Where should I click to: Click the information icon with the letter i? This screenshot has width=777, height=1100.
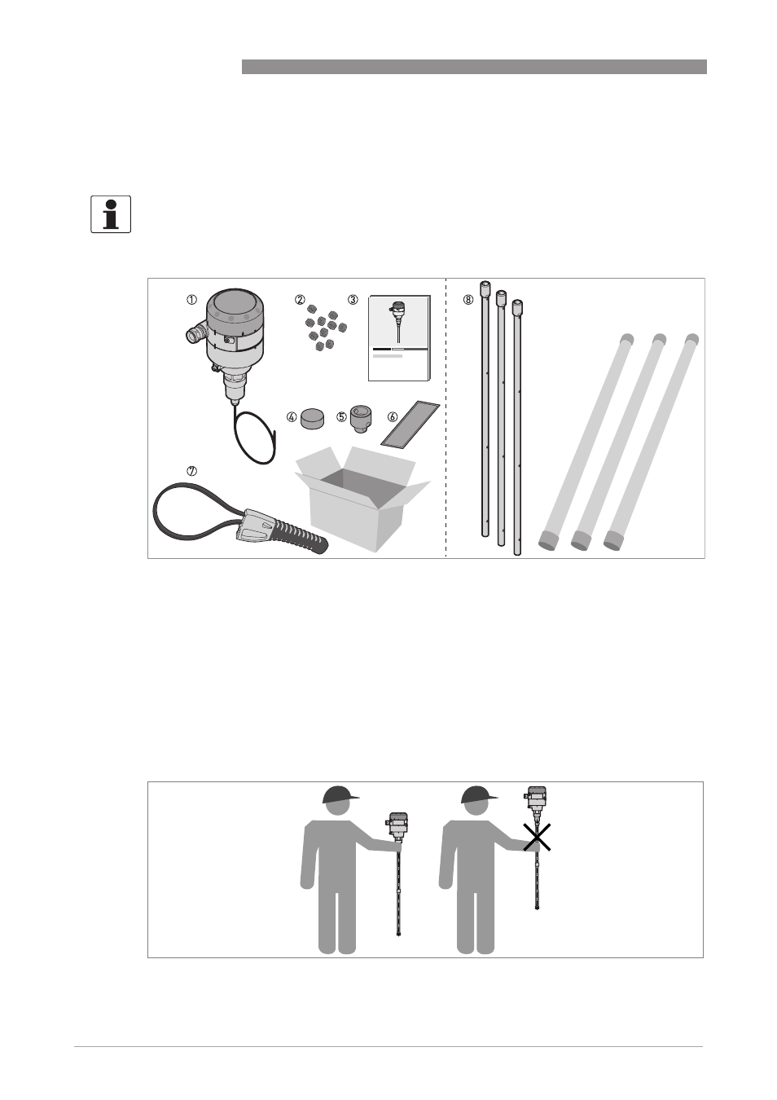point(111,214)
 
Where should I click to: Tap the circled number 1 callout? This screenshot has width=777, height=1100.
point(191,300)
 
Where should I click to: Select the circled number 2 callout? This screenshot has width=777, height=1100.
point(300,300)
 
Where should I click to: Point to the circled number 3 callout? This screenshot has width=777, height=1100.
point(353,300)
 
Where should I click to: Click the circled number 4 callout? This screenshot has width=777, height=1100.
point(292,417)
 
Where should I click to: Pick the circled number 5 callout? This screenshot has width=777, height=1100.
point(341,417)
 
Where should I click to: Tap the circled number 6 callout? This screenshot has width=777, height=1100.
point(393,417)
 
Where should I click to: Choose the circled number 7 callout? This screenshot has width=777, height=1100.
point(191,471)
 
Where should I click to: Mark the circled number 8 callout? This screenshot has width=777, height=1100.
point(469,300)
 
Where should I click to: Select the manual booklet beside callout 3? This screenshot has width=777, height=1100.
point(399,338)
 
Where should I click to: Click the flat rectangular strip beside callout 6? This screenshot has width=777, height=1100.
point(410,424)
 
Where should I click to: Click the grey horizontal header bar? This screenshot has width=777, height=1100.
point(474,67)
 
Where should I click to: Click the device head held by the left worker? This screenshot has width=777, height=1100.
point(397,826)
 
